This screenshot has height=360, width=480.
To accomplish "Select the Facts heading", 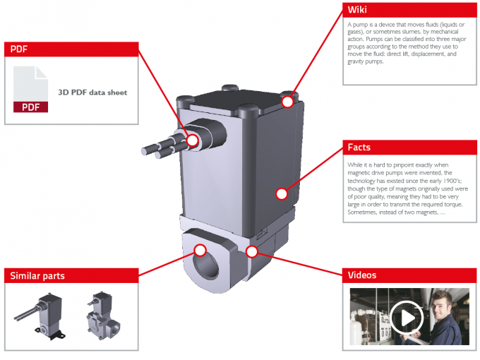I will click(x=359, y=148).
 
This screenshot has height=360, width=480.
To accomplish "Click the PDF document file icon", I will click(x=30, y=90).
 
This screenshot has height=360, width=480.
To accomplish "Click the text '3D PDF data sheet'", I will click(x=92, y=92).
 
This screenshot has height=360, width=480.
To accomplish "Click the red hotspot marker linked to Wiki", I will click(x=288, y=102).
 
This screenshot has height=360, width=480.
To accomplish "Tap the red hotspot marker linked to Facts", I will click(x=282, y=193).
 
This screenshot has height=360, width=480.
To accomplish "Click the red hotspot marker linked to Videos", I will click(x=252, y=251).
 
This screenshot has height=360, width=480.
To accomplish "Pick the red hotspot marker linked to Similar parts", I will click(x=200, y=249).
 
